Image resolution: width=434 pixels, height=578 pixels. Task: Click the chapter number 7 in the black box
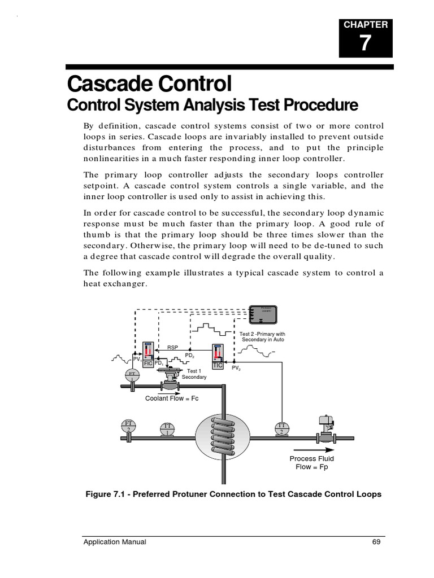click(x=366, y=43)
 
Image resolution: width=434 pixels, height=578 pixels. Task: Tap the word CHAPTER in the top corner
click(x=366, y=24)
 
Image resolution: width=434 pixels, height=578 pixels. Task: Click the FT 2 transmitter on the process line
click(x=128, y=426)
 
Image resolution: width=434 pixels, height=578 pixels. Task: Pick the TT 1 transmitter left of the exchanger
click(x=167, y=428)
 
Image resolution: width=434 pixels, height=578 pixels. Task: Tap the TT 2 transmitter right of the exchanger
click(x=281, y=428)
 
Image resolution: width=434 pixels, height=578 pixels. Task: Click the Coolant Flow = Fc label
click(x=172, y=398)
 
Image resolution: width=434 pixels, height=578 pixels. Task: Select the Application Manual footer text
click(x=115, y=542)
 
